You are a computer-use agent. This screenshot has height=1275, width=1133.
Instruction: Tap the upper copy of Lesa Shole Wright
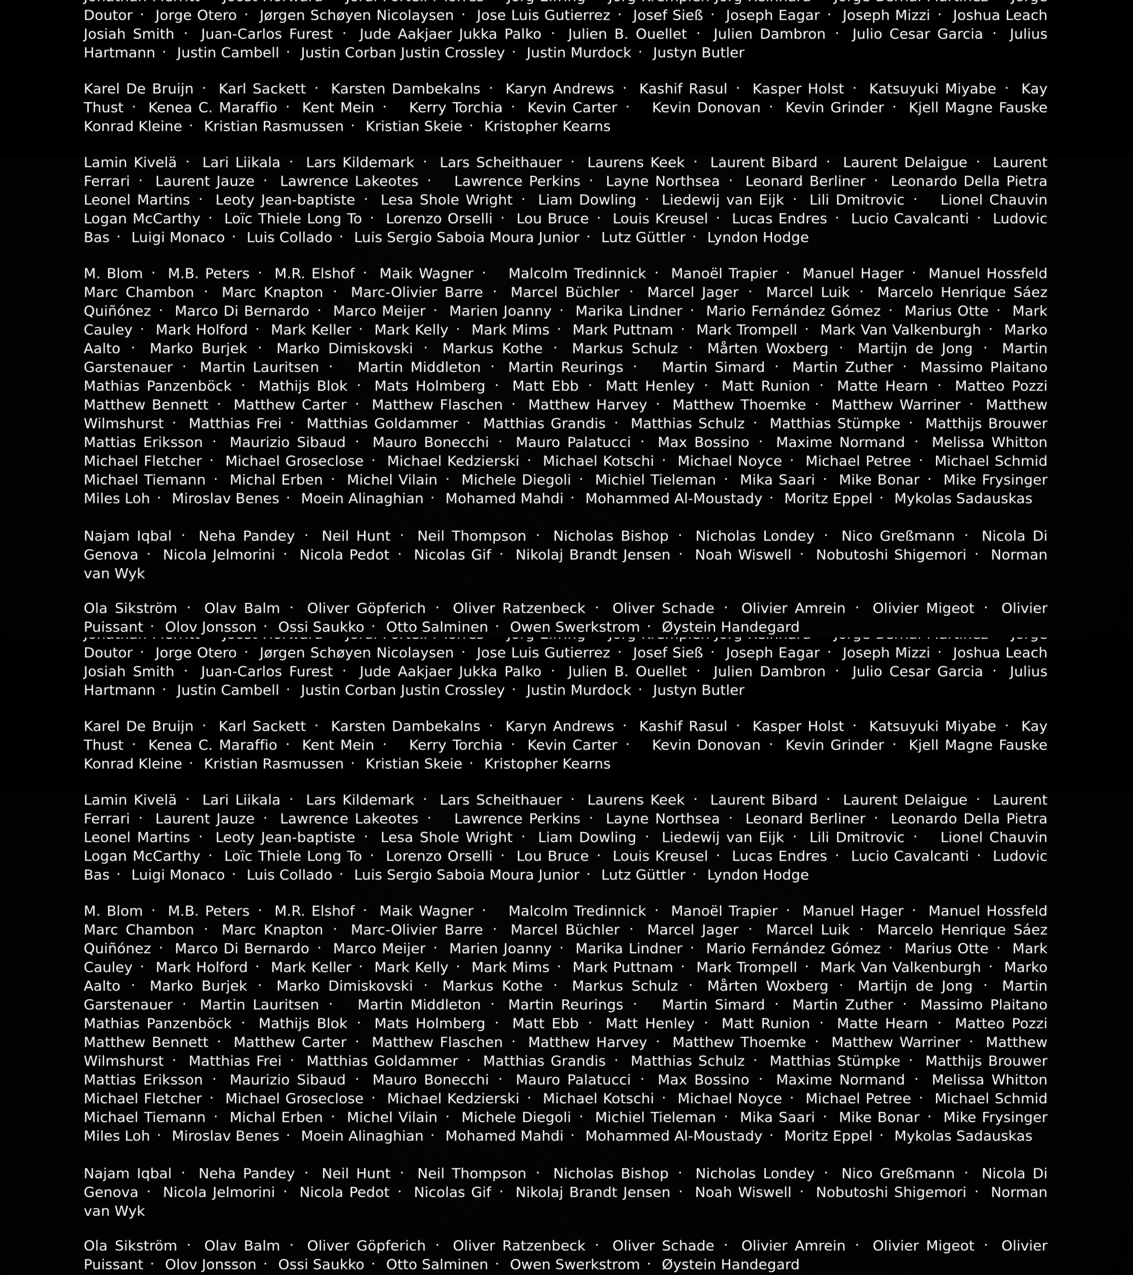pyautogui.click(x=446, y=200)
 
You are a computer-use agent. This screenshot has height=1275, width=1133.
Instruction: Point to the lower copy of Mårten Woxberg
pyautogui.click(x=768, y=986)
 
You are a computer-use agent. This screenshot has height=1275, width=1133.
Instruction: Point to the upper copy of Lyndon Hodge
pyautogui.click(x=758, y=238)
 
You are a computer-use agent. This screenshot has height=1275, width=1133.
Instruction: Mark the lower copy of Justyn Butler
pyautogui.click(x=698, y=690)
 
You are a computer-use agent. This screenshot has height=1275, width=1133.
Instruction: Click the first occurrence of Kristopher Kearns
pyautogui.click(x=547, y=127)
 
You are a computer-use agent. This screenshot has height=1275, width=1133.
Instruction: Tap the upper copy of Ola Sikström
pyautogui.click(x=130, y=608)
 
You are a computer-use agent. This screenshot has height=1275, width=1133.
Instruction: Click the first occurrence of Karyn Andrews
pyautogui.click(x=559, y=89)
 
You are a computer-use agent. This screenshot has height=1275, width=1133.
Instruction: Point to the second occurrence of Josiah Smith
pyautogui.click(x=129, y=672)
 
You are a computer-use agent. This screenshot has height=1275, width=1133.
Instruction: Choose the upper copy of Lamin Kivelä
pyautogui.click(x=130, y=163)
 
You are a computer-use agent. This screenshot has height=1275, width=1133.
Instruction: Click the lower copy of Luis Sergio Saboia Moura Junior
pyautogui.click(x=467, y=875)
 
